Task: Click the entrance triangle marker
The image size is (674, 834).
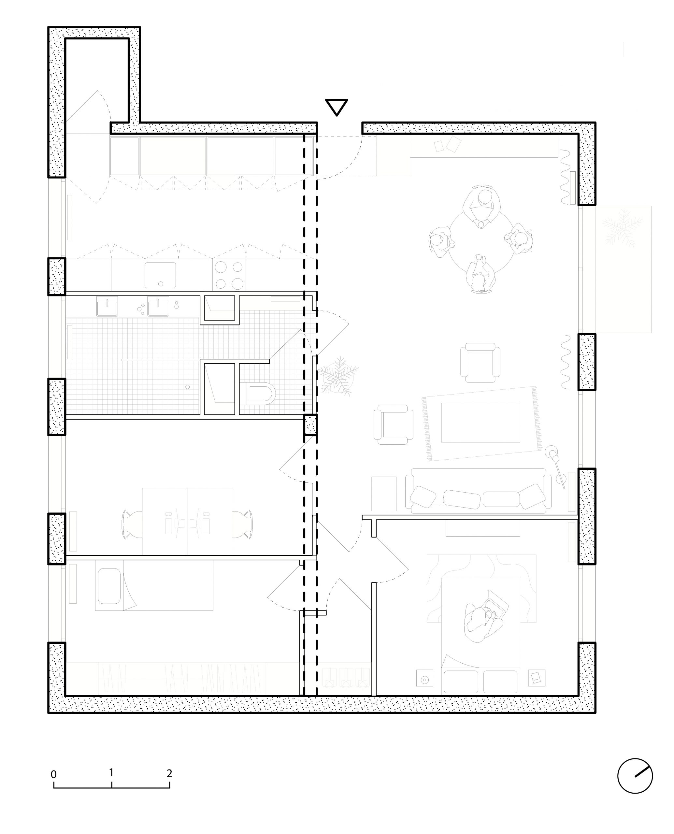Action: point(336,107)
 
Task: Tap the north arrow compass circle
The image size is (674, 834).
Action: point(635,776)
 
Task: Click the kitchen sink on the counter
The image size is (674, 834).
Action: point(160,275)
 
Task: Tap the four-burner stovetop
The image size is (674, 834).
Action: point(229,275)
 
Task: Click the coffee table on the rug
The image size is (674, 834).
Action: point(480,423)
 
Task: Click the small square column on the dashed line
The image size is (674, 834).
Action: point(310,424)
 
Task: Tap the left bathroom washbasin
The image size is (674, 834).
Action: point(107,307)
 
